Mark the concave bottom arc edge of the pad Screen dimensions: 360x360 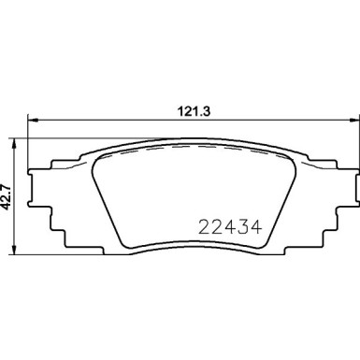pyautogui.click(x=188, y=246)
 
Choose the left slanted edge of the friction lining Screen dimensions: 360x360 pyautogui.click(x=106, y=201)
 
